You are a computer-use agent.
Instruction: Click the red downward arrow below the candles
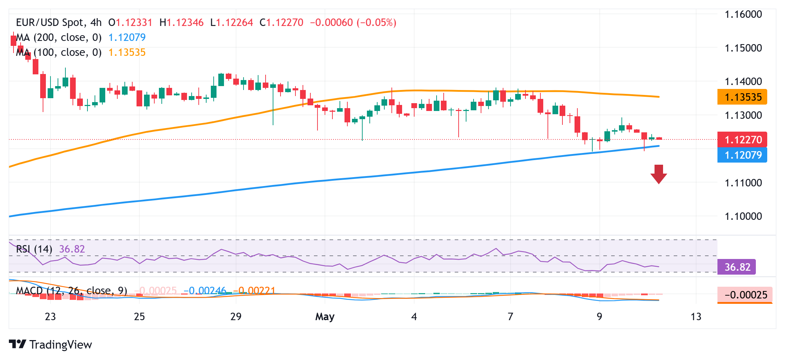coord(658,174)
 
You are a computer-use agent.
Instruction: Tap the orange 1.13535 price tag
coord(742,97)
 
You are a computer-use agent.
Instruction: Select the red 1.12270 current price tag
coord(742,139)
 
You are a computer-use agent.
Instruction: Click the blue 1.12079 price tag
coord(742,155)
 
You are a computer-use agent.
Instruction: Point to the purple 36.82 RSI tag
coord(737,267)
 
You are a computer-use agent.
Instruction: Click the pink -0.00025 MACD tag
coord(744,295)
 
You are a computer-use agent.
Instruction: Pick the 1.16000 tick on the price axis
coord(743,14)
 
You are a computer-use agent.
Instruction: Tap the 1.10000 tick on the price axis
coord(743,216)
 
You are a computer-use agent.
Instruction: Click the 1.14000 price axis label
coord(743,81)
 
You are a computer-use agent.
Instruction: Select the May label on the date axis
coord(325,316)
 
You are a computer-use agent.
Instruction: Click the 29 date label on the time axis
coord(236,316)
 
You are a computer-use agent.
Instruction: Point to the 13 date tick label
coord(696,316)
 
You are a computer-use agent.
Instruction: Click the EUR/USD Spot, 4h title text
coord(59,22)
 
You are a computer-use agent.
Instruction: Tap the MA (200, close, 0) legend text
coord(59,37)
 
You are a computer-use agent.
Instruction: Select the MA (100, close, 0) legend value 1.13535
coord(127,52)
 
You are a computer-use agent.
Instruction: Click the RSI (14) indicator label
coord(34,249)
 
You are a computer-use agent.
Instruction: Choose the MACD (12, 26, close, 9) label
coord(71,291)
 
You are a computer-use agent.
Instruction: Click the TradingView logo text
coord(60,344)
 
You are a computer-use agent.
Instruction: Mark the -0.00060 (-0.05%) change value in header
coord(353,22)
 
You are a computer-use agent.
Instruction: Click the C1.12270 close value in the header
coord(281,22)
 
